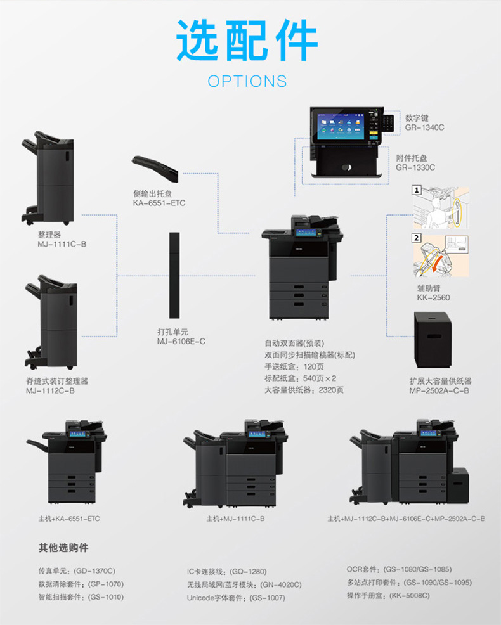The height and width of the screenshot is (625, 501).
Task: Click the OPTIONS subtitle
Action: coord(247,81)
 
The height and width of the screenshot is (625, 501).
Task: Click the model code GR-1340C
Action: coord(424,127)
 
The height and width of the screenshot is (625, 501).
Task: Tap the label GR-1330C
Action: coord(415,167)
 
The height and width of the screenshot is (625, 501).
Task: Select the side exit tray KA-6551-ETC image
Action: coord(155,165)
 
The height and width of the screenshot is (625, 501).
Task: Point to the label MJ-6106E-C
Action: coord(181,341)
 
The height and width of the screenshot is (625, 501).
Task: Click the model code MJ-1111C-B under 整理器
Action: coord(62,243)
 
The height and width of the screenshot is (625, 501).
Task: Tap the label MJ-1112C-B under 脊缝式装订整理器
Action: coord(50,390)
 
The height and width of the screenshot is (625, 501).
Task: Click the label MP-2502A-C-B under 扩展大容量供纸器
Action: coord(439,390)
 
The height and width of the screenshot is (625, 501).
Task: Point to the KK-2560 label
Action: coord(433,297)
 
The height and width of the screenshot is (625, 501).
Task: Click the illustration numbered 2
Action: coord(440,255)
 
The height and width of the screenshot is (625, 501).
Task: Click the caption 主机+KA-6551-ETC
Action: coord(69,519)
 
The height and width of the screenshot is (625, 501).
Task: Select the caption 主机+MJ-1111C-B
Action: coord(235,519)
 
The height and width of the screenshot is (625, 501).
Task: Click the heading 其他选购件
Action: coord(63,547)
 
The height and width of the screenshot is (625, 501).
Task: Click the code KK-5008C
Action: coord(409,595)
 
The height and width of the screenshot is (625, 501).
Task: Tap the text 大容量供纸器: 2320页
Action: coord(304,390)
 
